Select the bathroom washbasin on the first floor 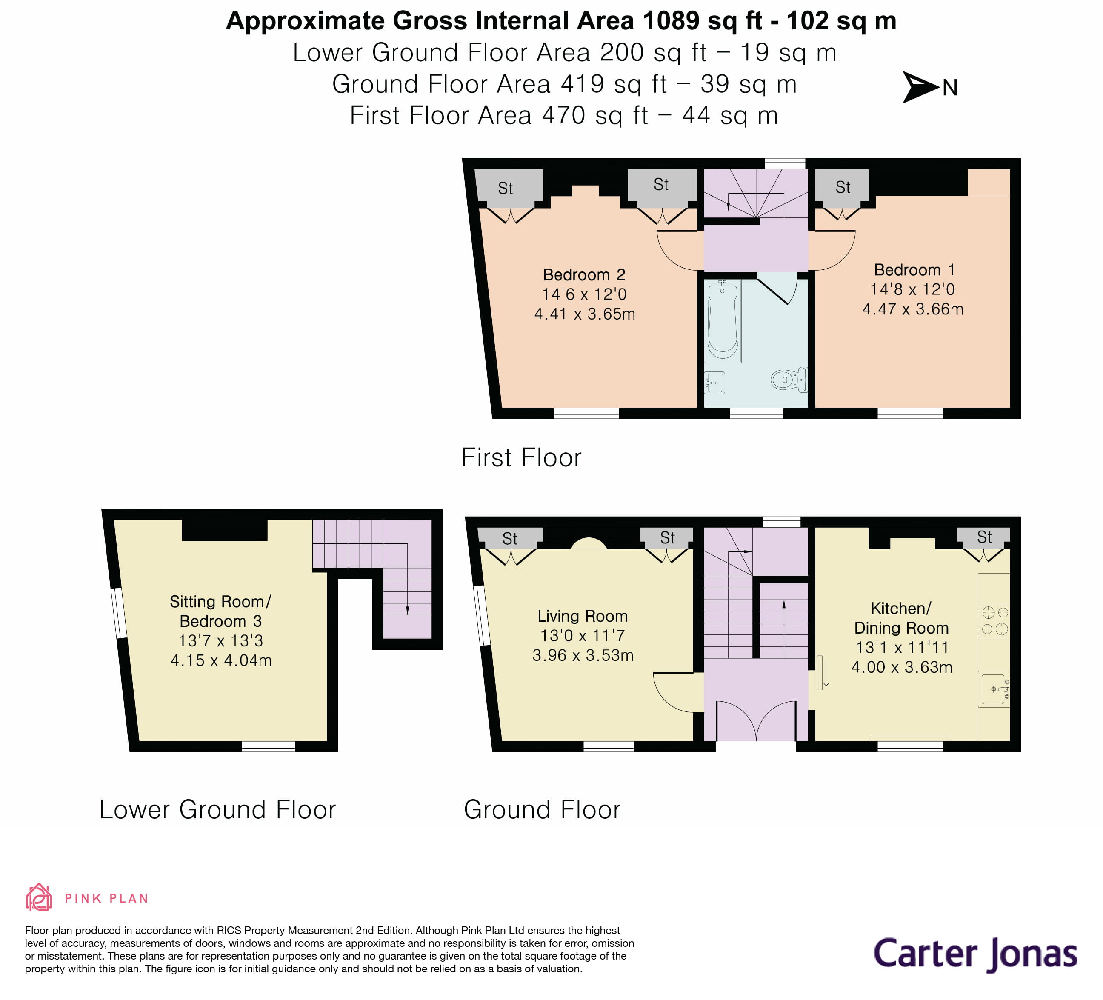coord(714,383)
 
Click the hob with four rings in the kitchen coord(994,620)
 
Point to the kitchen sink coord(994,689)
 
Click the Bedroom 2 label coord(584,274)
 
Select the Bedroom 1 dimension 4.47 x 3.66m coord(913,309)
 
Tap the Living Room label coord(583,616)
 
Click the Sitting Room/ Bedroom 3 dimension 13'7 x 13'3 coord(220,640)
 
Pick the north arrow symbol coord(920,87)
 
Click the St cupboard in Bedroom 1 coord(843,188)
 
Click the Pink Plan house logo coord(39,898)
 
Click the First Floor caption coord(521,457)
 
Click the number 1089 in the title coord(671,21)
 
